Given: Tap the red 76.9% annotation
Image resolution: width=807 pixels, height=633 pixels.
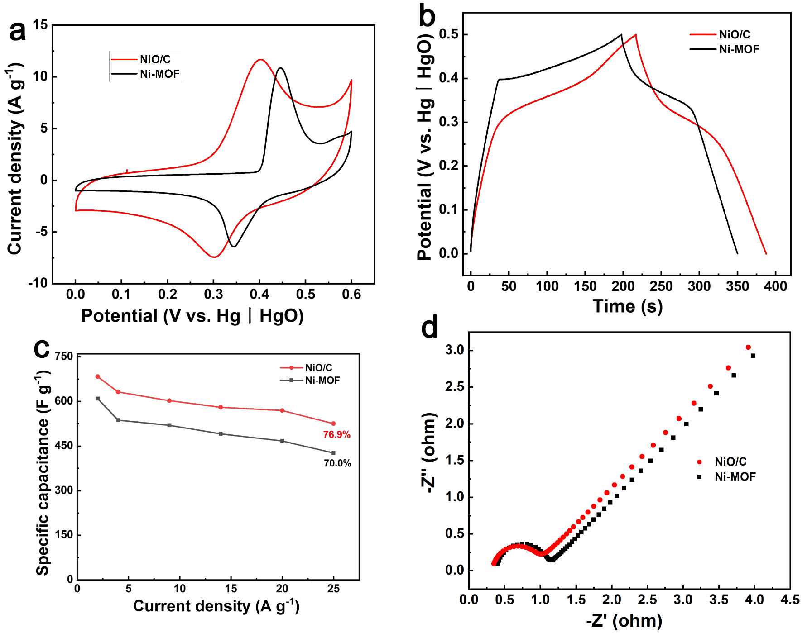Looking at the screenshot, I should pyautogui.click(x=336, y=434).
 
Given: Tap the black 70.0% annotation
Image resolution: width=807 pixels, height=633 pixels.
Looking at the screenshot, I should pyautogui.click(x=337, y=463).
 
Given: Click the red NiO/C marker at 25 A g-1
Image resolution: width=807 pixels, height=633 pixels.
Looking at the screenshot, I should pyautogui.click(x=334, y=424).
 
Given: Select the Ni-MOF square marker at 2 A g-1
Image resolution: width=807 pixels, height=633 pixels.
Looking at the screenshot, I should pyautogui.click(x=98, y=399).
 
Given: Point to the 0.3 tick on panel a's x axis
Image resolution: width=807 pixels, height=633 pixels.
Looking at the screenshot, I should pyautogui.click(x=213, y=294).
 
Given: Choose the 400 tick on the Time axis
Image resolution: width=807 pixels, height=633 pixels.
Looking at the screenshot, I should pyautogui.click(x=776, y=286).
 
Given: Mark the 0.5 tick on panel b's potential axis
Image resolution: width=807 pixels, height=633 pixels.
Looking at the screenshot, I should pyautogui.click(x=448, y=35).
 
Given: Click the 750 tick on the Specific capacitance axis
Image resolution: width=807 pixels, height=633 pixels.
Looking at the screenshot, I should pyautogui.click(x=64, y=357).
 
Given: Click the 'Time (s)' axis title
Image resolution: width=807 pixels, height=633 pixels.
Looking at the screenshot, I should pyautogui.click(x=627, y=306).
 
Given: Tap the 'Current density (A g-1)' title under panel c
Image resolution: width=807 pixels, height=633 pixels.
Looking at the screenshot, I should pyautogui.click(x=216, y=606).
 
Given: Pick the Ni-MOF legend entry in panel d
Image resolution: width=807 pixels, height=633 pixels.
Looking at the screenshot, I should pyautogui.click(x=735, y=476).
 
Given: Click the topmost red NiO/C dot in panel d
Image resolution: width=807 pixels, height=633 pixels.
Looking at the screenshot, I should pyautogui.click(x=748, y=347).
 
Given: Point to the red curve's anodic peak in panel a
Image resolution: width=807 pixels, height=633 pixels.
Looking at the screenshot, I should pyautogui.click(x=260, y=59).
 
